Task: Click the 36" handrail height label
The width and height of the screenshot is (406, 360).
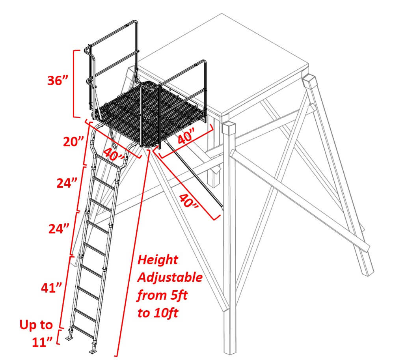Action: click(58, 80)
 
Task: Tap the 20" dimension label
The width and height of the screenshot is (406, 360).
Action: click(74, 142)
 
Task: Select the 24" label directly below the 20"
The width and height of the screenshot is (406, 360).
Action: click(67, 183)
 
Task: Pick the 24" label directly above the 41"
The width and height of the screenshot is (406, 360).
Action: click(59, 229)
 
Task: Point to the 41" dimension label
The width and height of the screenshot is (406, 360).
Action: click(52, 287)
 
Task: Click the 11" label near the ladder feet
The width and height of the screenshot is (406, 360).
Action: click(42, 342)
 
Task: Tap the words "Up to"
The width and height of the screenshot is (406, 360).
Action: click(36, 325)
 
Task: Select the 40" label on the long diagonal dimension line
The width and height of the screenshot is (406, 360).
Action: click(189, 201)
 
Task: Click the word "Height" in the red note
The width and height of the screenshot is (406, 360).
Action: click(158, 259)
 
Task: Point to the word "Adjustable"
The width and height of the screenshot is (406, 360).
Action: click(170, 277)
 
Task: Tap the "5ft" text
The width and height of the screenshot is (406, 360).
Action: click(179, 295)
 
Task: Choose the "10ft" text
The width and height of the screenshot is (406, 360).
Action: click(166, 313)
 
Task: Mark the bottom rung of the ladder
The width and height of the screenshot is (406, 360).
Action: click(82, 329)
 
